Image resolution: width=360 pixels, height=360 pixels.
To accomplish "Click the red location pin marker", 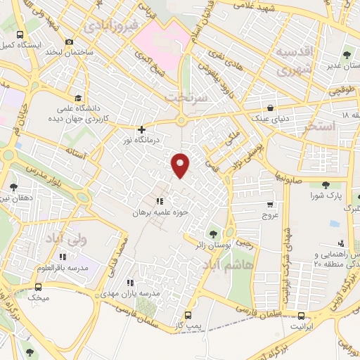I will [181, 164].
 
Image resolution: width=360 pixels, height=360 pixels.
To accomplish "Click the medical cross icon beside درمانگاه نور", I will [142, 129].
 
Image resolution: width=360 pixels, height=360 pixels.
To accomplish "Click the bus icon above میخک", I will [37, 287].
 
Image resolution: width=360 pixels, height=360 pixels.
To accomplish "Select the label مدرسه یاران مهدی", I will [131, 292].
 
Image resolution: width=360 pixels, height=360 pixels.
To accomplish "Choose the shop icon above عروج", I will [271, 204].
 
